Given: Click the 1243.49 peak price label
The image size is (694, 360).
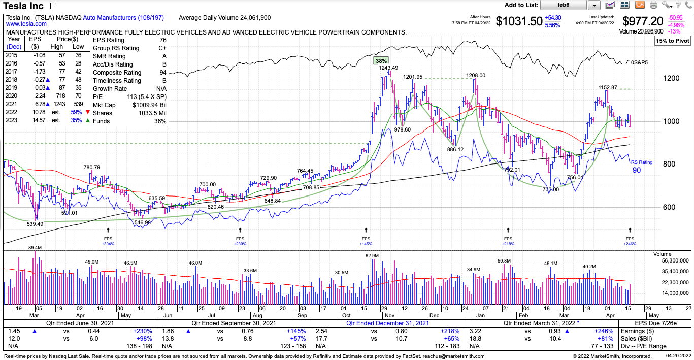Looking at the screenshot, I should pyautogui.click(x=388, y=68).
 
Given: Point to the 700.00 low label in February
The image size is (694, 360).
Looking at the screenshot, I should pyautogui.click(x=550, y=189).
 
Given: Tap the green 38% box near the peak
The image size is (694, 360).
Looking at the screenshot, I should pyautogui.click(x=381, y=60).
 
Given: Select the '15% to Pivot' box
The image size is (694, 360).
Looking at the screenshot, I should pyautogui.click(x=672, y=40).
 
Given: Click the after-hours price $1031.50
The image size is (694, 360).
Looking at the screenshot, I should pyautogui.click(x=518, y=21).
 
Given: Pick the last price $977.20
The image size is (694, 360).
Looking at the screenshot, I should pyautogui.click(x=643, y=21).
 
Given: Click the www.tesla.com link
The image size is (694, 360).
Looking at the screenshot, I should pyautogui.click(x=26, y=24).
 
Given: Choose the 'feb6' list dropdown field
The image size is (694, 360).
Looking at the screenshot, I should pyautogui.click(x=564, y=5).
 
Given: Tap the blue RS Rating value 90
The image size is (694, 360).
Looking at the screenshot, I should pyautogui.click(x=637, y=170).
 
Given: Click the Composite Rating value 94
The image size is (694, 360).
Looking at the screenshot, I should pyautogui.click(x=163, y=73).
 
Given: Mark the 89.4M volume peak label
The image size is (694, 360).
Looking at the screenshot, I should pyautogui.click(x=35, y=247).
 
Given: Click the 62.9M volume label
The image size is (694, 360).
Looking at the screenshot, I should pyautogui.click(x=372, y=255).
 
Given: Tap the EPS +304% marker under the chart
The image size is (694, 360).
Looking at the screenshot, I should pyautogui.click(x=108, y=241).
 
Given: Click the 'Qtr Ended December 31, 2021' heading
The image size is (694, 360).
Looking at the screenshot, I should pyautogui.click(x=388, y=323).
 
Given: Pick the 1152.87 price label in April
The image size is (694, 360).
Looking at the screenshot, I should pyautogui.click(x=608, y=87).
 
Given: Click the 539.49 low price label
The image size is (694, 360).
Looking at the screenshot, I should pyautogui.click(x=35, y=223).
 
